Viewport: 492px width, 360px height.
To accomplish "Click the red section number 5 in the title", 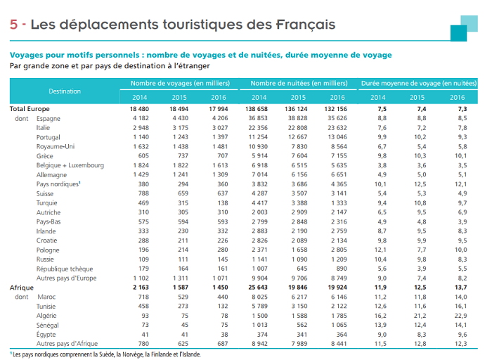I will coord(14,25).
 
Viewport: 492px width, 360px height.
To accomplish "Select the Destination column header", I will coord(65,91).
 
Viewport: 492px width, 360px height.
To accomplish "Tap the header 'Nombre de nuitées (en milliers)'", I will coord(299,84).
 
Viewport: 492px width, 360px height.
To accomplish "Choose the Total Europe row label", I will coord(30,109).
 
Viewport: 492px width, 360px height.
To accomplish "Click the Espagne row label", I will coord(48,118).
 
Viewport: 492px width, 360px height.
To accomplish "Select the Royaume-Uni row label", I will coord(56,146).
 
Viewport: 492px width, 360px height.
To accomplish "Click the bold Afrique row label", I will coord(22,288).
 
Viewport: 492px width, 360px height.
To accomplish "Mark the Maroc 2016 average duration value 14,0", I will coord(458,297).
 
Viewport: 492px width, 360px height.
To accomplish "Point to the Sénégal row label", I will coord(48,326).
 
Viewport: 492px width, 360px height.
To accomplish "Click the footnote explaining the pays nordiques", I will coord(105,354).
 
